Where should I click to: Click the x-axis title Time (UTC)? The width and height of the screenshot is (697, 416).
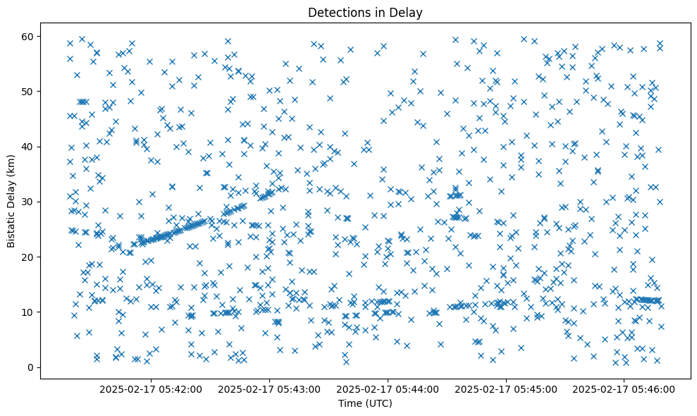(x=365, y=403)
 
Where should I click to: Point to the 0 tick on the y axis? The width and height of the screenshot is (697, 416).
(x=30, y=367)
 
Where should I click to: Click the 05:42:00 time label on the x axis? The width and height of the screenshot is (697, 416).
(x=151, y=389)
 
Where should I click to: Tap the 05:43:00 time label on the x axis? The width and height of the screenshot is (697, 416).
(x=269, y=389)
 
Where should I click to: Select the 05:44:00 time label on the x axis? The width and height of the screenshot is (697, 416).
(x=388, y=389)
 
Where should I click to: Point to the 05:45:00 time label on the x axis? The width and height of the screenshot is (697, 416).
(x=507, y=389)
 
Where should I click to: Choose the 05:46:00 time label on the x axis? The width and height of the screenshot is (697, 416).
(x=625, y=389)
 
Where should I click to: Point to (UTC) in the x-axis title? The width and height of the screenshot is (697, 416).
(x=378, y=403)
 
